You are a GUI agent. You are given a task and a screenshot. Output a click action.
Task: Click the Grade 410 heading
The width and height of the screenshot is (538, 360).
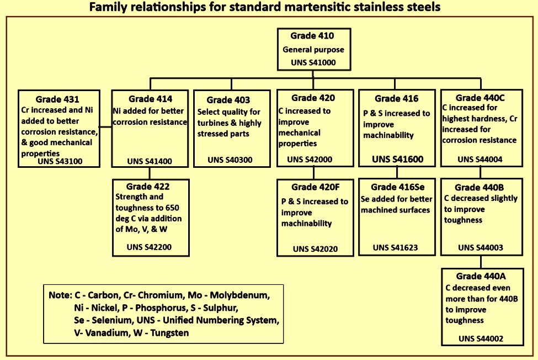pos(312,36)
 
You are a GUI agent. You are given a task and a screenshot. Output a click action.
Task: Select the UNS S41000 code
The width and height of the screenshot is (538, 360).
pos(313,62)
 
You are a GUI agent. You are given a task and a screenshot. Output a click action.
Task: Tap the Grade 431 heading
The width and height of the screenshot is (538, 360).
pos(57,99)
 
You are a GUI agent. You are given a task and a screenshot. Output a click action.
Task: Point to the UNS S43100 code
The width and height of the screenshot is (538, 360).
pos(60,161)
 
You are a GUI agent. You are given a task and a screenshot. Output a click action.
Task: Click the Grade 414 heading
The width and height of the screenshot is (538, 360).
pos(150,99)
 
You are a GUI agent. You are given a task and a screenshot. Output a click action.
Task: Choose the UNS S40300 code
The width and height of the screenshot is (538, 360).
pos(230,160)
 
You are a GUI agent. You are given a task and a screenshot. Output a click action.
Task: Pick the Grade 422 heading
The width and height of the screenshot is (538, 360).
pos(148,187)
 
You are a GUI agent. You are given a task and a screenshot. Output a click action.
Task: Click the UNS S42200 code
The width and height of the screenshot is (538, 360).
pos(149,247)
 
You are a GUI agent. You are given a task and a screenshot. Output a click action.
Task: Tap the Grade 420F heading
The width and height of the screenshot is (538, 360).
pos(315,187)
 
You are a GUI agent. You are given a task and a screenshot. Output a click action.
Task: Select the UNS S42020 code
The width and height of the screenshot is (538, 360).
pos(315,249)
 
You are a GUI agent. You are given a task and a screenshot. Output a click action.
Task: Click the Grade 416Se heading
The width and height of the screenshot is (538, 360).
pos(398,187)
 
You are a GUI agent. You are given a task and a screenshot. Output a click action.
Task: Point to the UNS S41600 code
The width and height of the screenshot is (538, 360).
pos(398,159)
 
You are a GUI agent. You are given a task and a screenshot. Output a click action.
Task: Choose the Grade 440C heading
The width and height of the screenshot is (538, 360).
pos(480,98)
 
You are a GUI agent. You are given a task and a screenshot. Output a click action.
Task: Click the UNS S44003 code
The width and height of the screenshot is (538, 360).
pos(481,248)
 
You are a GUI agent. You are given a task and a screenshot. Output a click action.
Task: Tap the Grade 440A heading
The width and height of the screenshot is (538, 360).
pos(481,276)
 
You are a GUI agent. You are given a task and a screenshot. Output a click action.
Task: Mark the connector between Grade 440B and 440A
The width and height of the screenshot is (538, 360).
pos(481,262)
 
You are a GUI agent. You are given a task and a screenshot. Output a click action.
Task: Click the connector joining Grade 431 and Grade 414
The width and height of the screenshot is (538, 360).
pos(106,126)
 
